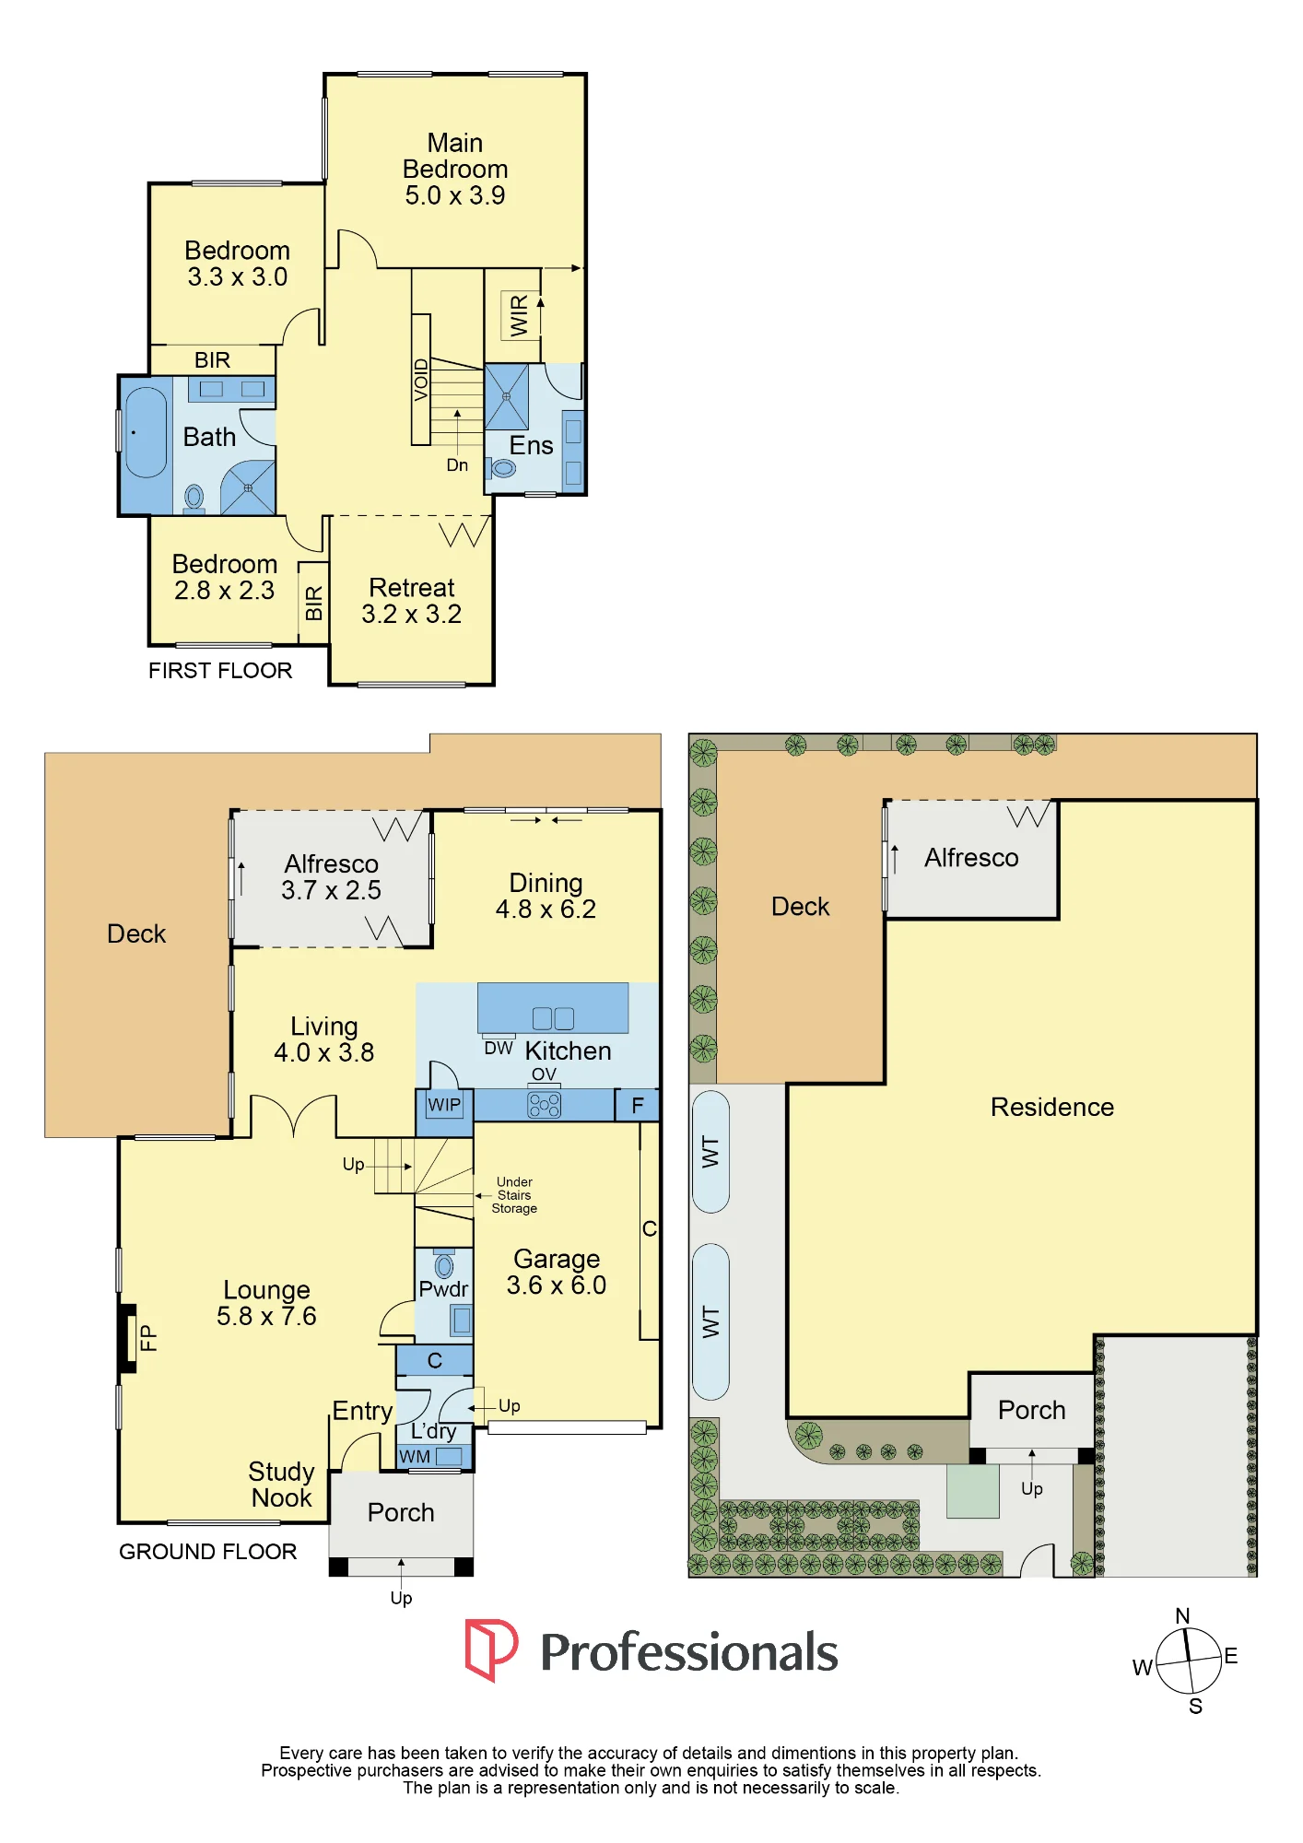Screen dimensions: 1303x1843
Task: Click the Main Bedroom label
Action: coord(455,169)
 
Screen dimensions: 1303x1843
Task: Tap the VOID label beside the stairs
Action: coord(421,380)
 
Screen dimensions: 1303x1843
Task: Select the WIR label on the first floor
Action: coord(519,315)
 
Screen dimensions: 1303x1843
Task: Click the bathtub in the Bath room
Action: coord(146,432)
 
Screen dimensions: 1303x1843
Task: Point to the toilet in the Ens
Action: coord(503,468)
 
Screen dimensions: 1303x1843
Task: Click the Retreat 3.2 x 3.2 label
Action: coord(412,601)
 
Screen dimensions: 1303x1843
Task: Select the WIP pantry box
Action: coord(444,1105)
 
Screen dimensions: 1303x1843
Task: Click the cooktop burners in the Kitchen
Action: coord(544,1105)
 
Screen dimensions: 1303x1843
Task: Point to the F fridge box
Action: coord(638,1105)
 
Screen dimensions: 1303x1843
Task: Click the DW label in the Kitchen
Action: coord(499,1049)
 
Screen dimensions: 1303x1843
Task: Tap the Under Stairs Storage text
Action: coord(514,1195)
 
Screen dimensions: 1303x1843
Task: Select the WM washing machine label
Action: coord(415,1457)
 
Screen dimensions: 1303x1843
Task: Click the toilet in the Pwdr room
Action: coord(444,1264)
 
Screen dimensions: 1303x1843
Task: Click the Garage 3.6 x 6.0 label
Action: coord(557,1272)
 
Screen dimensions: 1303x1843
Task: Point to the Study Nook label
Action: coord(282,1485)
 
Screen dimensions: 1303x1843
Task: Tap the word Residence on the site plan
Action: coord(1052,1107)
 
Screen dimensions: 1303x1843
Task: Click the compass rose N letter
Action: coord(1183,1615)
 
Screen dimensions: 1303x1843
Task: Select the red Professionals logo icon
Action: coord(491,1650)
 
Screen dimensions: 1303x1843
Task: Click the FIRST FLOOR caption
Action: coord(220,671)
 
